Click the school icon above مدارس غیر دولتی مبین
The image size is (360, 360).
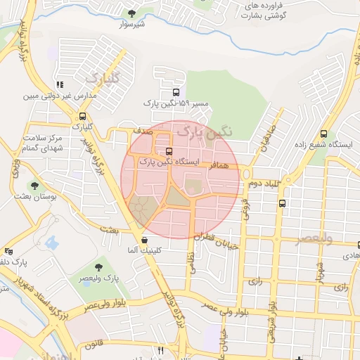click(59, 84)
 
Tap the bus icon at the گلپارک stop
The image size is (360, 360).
click(83, 117)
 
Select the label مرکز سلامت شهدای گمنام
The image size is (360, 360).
click(43, 143)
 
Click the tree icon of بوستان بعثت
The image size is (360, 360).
click(34, 186)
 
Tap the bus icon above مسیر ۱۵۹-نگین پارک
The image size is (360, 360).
click(175, 91)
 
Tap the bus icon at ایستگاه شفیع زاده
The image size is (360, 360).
click(323, 134)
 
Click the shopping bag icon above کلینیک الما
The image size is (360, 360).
click(143, 240)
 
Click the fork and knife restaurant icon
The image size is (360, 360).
click(161, 350)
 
